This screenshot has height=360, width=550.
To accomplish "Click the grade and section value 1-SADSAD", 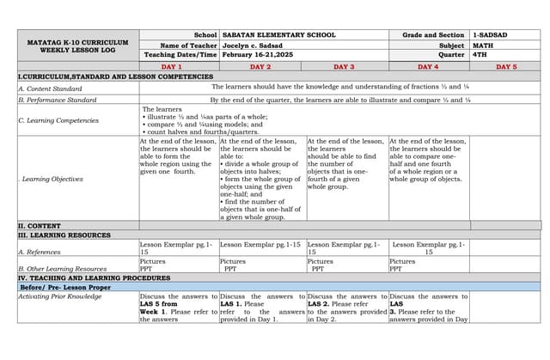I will pos(490,35).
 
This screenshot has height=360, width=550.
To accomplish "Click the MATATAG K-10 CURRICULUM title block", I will pos(78,46).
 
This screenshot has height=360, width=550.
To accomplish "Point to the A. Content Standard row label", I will pos(51,88).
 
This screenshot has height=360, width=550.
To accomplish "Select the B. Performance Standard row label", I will pos(58,100).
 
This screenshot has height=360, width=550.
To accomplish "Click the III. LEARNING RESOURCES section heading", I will pos(64,235).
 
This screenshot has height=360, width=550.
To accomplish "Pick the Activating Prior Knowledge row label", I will pos(60,296).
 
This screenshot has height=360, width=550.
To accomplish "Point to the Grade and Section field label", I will pos(433,35).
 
